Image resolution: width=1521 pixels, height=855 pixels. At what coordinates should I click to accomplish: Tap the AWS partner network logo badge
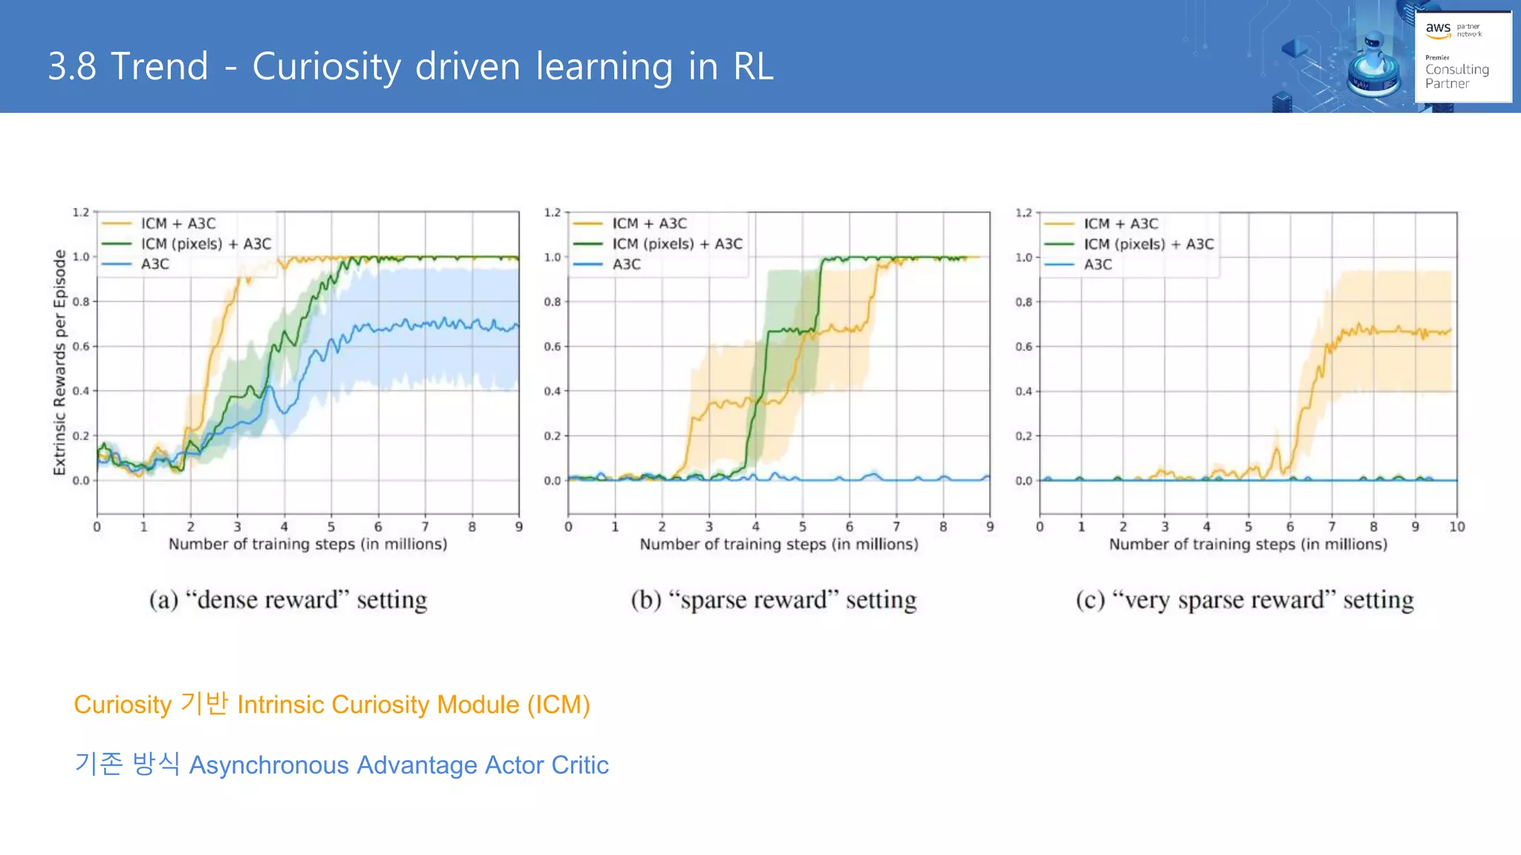[1462, 56]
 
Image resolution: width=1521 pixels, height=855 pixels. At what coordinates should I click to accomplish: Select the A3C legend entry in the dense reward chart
[154, 264]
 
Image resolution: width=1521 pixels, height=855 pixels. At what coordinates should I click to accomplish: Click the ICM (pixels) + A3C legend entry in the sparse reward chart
[677, 244]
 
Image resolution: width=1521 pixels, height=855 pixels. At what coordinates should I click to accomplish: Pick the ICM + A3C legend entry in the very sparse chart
[1120, 223]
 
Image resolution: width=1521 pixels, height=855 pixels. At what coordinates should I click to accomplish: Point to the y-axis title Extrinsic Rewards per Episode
[59, 362]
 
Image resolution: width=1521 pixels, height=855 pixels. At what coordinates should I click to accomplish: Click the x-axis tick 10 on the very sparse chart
[1456, 527]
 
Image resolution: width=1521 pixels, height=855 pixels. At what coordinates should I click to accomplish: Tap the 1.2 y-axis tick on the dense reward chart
[80, 212]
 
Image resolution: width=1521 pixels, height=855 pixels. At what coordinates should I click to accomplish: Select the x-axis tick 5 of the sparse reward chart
[802, 527]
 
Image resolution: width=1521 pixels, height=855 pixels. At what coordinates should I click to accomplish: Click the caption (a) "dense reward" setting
[288, 600]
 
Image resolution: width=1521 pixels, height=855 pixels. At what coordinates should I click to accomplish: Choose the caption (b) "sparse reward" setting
[773, 600]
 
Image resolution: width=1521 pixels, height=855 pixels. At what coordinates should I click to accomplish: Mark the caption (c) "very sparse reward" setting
[1245, 600]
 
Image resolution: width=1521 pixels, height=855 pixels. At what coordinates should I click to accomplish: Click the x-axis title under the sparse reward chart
[778, 545]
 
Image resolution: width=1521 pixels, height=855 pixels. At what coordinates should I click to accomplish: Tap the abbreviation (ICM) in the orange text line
[558, 704]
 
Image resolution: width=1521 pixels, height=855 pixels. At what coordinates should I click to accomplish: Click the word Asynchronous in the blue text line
[268, 765]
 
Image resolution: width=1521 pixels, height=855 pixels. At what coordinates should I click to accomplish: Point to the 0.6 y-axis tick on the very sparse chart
[1023, 347]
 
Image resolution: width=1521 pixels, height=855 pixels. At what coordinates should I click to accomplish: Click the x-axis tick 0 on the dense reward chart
[97, 527]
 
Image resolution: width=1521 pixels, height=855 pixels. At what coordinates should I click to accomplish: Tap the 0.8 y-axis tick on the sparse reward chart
[552, 302]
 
